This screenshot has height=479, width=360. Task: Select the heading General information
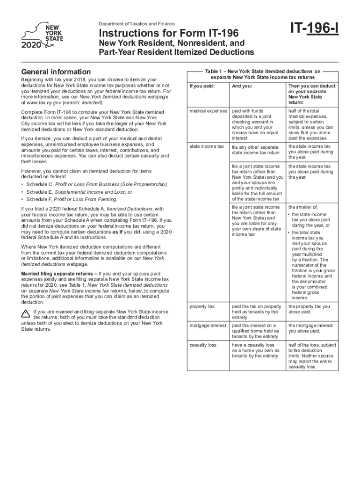tap(56, 72)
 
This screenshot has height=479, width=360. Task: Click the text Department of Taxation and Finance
tap(137, 24)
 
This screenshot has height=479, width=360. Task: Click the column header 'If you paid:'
tap(202, 87)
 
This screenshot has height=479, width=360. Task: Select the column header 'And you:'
tap(242, 87)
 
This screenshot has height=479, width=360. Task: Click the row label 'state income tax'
tap(207, 146)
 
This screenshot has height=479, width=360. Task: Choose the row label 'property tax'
tap(202, 306)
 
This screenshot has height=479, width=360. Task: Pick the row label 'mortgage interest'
tap(208, 325)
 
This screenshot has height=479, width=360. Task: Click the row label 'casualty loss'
tap(203, 345)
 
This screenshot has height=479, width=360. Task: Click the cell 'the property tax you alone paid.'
tap(309, 309)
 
